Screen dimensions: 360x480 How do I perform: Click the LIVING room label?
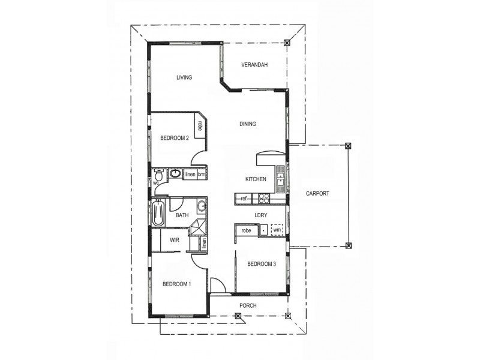184,77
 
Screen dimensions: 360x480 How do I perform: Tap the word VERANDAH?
254,65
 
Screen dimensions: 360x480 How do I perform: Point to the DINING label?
248,124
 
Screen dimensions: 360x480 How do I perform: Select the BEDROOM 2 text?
175,138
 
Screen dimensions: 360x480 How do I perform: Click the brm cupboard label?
202,175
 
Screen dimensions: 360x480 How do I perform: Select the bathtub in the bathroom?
158,214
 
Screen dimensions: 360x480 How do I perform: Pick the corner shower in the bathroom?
198,229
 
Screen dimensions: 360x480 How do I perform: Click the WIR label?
175,240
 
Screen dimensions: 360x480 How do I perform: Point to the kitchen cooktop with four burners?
263,198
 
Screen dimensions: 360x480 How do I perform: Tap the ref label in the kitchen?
244,199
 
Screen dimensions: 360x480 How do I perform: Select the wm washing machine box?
277,230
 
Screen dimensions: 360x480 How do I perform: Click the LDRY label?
260,215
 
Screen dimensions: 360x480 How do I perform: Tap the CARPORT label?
317,194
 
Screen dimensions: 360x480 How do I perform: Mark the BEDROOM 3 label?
262,264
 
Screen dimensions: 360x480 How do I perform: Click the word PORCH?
248,305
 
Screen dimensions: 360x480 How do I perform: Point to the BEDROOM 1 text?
176,284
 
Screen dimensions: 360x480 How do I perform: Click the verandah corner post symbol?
287,43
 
